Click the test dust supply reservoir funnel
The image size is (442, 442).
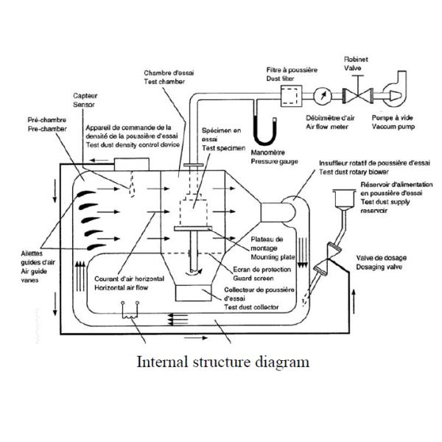tap(342, 200)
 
